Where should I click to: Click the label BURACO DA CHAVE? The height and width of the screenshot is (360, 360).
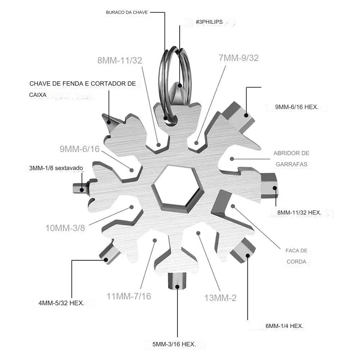point(127,12)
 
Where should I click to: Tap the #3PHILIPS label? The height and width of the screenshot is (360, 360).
point(209,22)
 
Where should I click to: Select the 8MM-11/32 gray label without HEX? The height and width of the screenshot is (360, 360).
point(120,60)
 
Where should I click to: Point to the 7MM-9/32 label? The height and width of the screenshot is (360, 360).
point(239,58)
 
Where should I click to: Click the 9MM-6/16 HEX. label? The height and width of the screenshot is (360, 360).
point(297,107)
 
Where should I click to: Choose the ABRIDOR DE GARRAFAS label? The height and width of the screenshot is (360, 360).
point(291,159)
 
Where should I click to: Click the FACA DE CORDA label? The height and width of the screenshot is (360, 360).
point(296,256)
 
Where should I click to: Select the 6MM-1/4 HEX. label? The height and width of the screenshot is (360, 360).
point(284,326)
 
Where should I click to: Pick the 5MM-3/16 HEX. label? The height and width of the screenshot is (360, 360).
point(174,344)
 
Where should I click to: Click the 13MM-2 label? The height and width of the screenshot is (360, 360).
point(220,298)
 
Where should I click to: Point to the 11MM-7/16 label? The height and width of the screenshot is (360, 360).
point(129,296)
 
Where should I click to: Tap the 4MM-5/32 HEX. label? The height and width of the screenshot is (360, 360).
point(62,303)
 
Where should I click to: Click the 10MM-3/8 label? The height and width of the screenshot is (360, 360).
point(65,228)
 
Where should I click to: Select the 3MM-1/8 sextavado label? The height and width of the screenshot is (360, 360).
point(56,168)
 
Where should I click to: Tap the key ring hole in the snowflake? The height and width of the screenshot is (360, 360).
point(171,120)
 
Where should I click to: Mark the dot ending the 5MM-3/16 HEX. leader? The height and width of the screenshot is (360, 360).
point(177,287)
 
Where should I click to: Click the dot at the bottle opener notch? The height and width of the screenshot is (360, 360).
point(232,159)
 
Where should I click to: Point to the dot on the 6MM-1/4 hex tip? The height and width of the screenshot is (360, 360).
point(248,256)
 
